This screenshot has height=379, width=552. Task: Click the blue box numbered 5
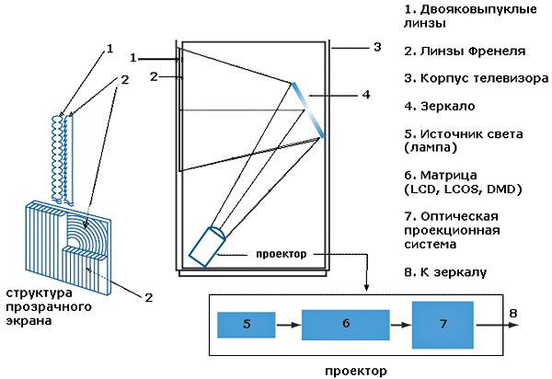click(247, 324)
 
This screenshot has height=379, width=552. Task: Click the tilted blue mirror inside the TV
click(307, 109)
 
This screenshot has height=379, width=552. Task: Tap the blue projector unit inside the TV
click(208, 244)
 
